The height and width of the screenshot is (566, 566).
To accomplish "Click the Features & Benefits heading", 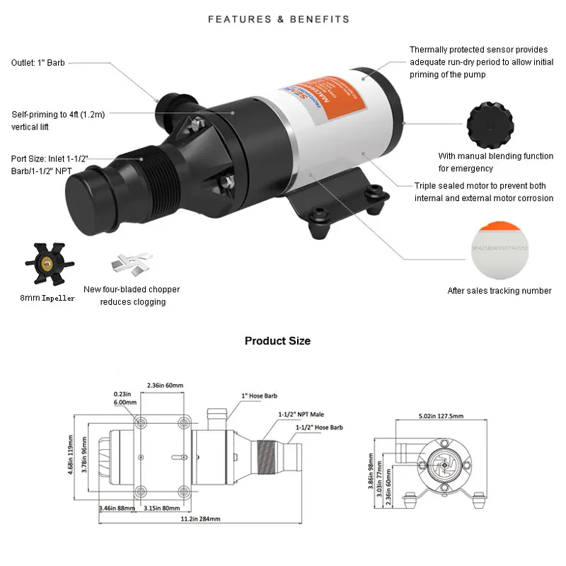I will tap(279, 19).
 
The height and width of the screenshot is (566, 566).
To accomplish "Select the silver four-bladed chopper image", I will tap(129, 265).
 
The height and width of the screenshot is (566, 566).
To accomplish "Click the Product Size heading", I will tap(277, 341).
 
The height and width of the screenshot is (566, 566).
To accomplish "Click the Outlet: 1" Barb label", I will tap(38, 62).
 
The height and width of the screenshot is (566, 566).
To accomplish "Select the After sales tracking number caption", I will tap(499, 291).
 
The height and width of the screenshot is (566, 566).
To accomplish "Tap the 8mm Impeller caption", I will tap(47, 299).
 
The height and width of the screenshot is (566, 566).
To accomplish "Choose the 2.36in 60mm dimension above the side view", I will tap(165, 386).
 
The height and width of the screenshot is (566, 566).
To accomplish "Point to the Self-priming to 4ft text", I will tap(58, 120).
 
